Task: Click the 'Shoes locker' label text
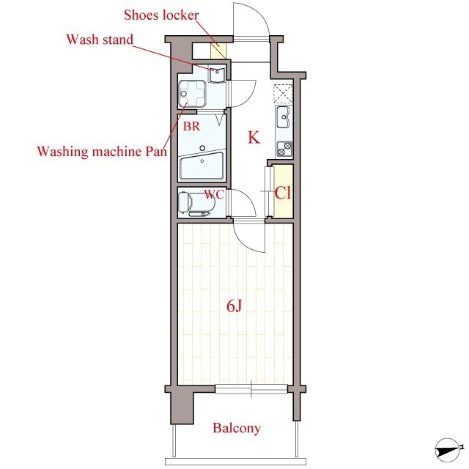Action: point(161,15)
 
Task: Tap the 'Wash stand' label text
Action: point(100,40)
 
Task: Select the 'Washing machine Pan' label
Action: point(102,152)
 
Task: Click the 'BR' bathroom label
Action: point(191,126)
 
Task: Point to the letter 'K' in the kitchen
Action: point(254,138)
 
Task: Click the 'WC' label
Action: point(214,194)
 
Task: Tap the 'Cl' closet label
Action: point(283,193)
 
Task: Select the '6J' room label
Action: point(234,306)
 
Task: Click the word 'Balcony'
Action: point(237,428)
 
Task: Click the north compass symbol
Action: point(448,450)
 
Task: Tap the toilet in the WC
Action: point(196,204)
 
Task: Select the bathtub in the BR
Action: point(202,166)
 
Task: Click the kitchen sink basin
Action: point(283,117)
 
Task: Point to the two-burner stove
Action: point(284,149)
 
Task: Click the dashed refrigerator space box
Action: point(283,94)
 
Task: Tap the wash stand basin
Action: point(217,75)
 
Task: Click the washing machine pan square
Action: point(192,94)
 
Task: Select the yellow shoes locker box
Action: point(219,51)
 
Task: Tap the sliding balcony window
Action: point(251,389)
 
